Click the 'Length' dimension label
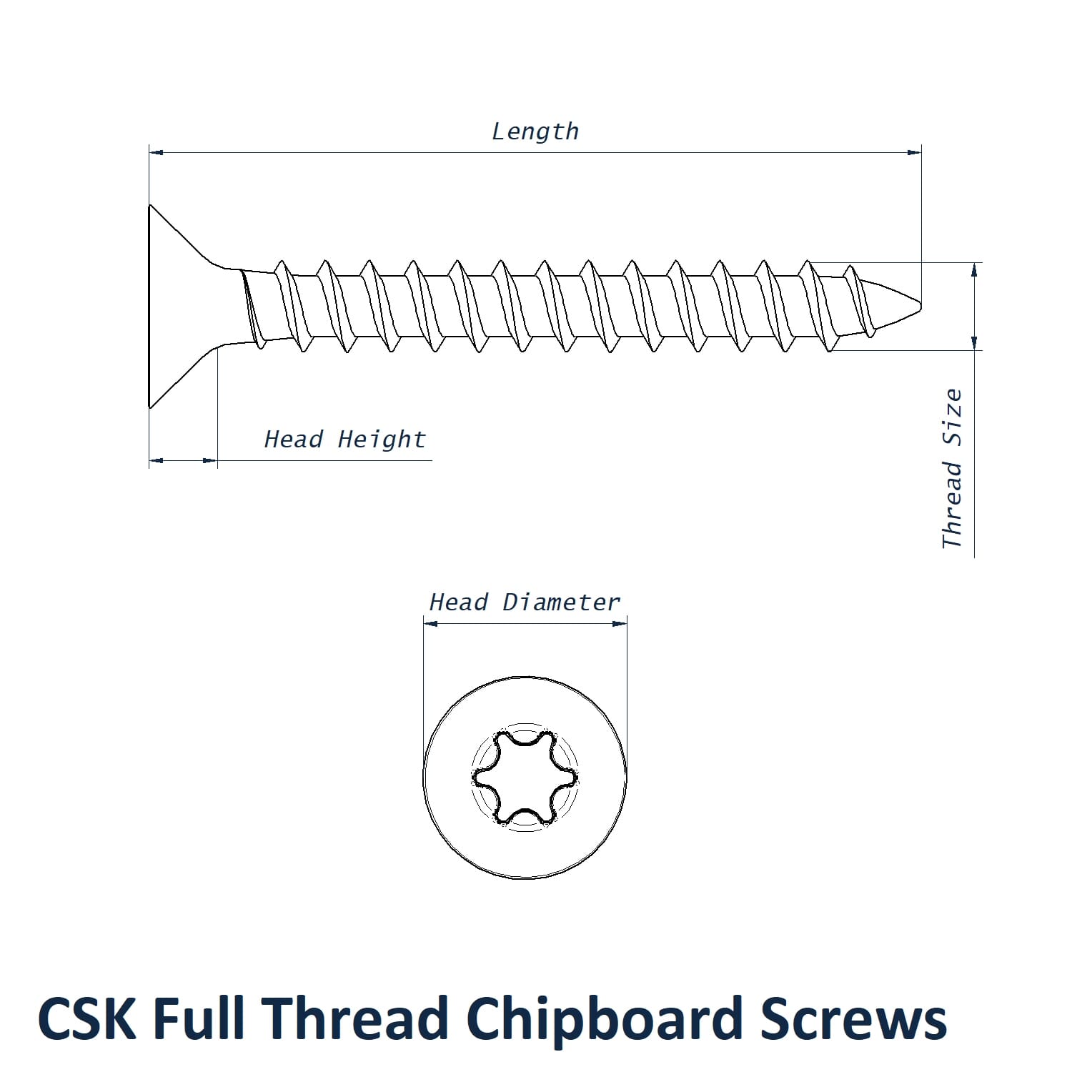[535, 131]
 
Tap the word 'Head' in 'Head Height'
[294, 439]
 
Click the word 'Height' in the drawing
[382, 439]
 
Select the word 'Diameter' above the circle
[561, 602]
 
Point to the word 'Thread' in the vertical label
[952, 505]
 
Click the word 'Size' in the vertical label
[952, 417]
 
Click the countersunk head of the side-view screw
[179, 307]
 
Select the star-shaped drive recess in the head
[525, 777]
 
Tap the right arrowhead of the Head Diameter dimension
[620, 623]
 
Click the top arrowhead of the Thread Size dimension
[974, 269]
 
